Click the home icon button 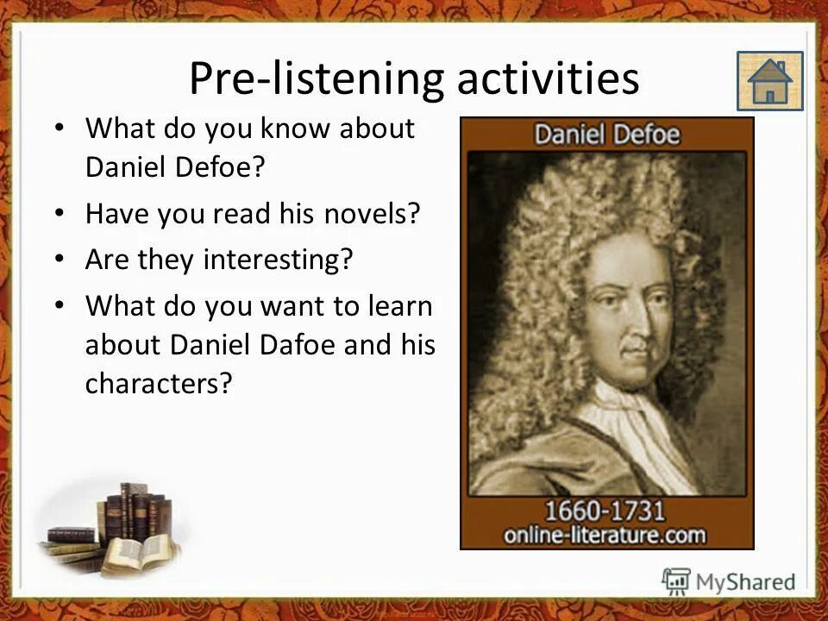[769, 81]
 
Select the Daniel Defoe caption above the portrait [606, 135]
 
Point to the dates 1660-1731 [606, 509]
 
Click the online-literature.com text [606, 534]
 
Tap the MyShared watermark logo [729, 581]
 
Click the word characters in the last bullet [159, 384]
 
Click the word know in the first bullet [284, 129]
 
